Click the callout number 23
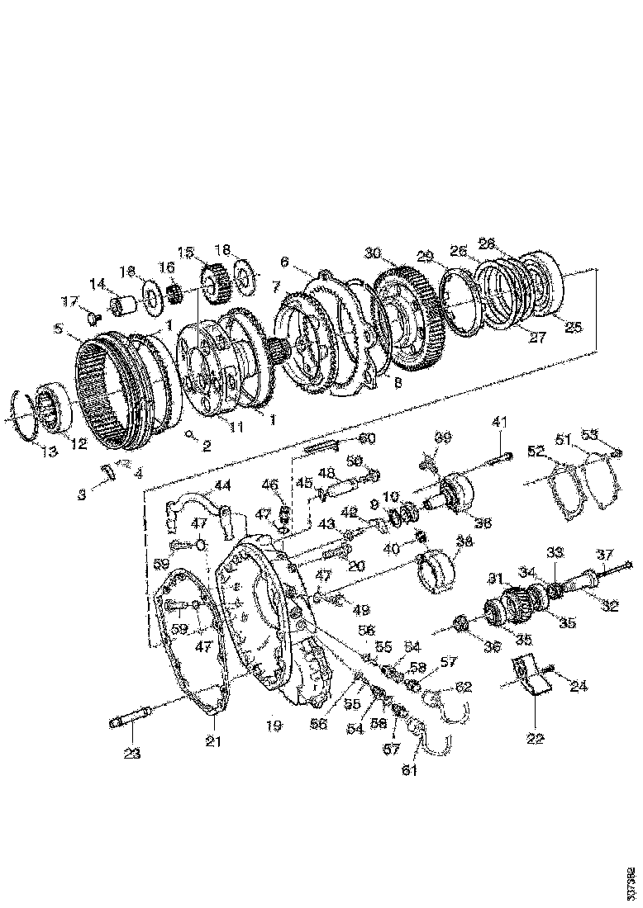[132, 753]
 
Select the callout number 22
[535, 739]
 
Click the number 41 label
[498, 422]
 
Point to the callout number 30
[372, 253]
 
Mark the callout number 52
[536, 451]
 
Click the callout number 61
[410, 771]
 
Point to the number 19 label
[274, 726]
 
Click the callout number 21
[214, 741]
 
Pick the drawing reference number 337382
[631, 882]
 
